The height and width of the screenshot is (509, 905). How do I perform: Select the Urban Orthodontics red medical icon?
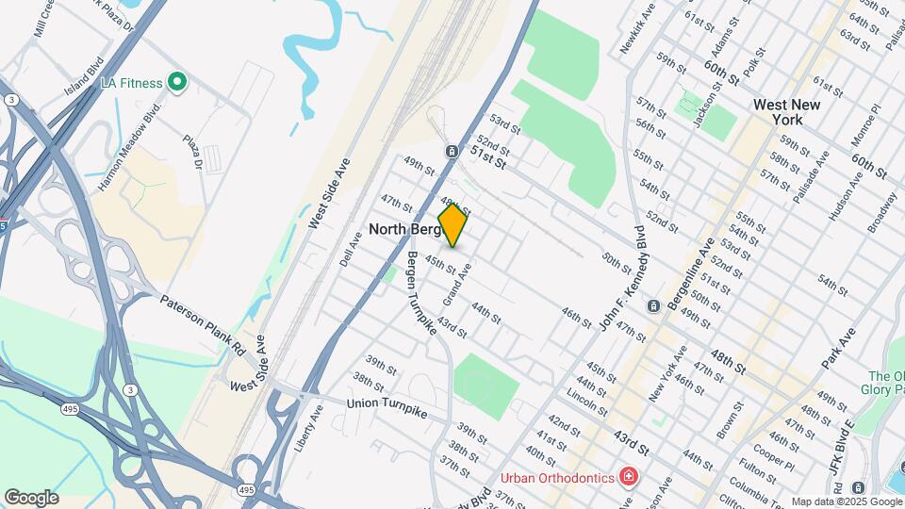click(x=627, y=478)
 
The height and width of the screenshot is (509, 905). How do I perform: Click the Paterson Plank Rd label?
click(x=203, y=324)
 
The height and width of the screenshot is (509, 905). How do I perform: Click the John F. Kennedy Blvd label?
click(x=624, y=278)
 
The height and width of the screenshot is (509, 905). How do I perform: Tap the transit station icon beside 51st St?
click(x=452, y=151)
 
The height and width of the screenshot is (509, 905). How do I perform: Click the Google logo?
click(x=30, y=497)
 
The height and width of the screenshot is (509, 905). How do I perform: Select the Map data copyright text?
click(x=846, y=501)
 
